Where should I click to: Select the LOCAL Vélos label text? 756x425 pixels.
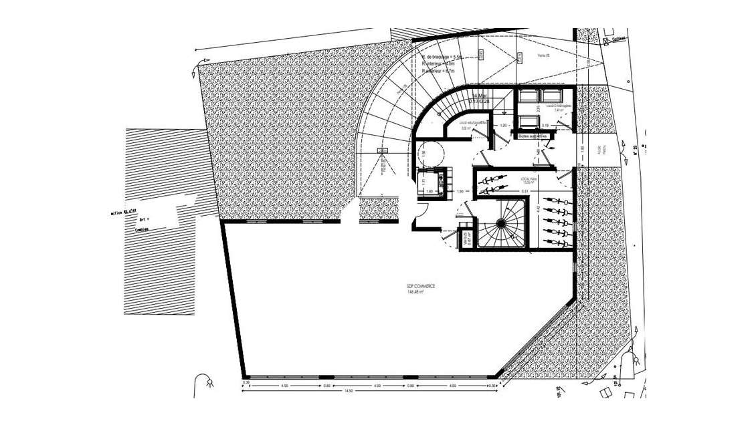point(529,179)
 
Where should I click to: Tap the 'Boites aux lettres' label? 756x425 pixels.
point(533,136)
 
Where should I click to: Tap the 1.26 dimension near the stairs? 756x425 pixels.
point(502,125)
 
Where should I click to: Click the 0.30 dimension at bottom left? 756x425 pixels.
point(246,382)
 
